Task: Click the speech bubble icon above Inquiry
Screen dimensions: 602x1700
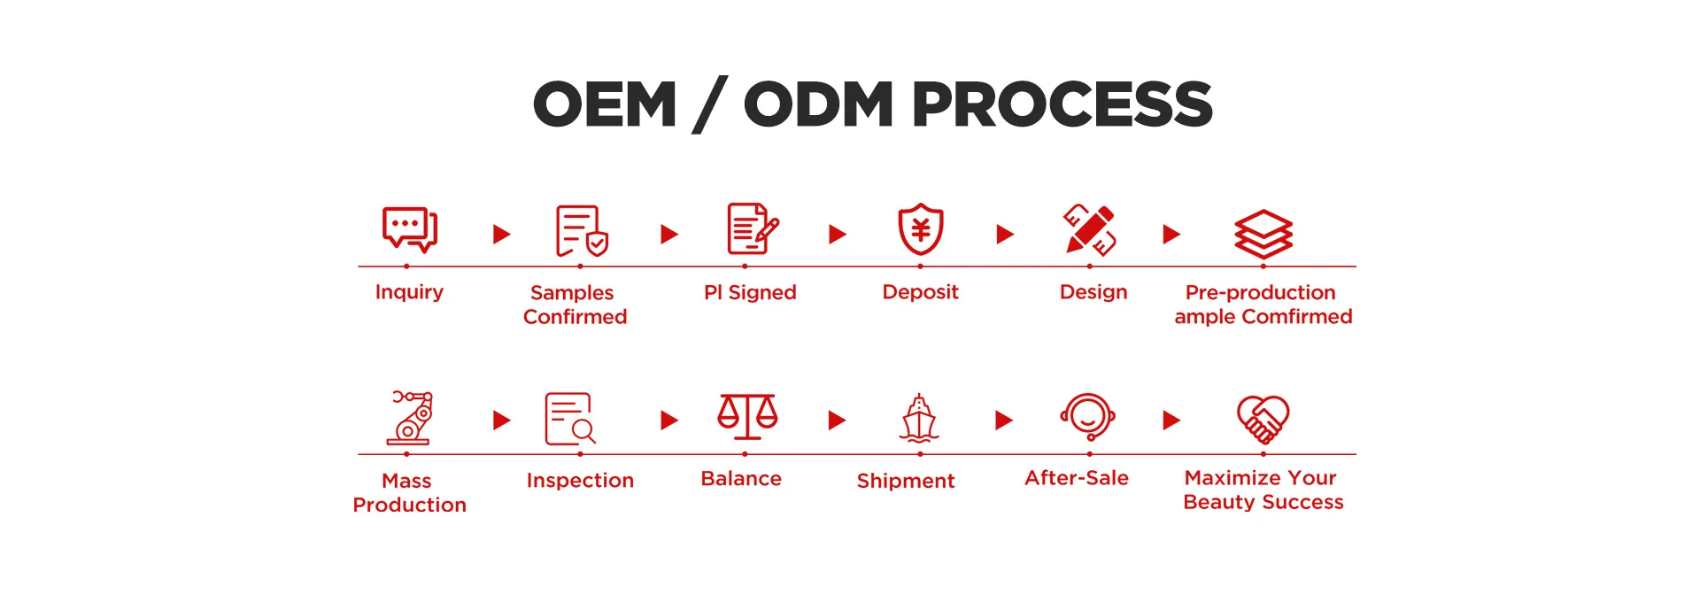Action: (x=409, y=229)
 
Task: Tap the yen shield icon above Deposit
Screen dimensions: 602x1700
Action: (x=920, y=229)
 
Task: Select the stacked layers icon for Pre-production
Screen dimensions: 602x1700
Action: (x=1263, y=234)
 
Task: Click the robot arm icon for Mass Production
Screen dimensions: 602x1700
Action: (x=411, y=417)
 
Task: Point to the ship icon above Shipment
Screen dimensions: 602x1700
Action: (x=919, y=418)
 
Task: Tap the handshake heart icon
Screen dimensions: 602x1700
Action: (x=1263, y=418)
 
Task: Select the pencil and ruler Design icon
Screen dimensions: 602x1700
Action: (x=1090, y=230)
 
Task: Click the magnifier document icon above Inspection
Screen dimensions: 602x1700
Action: (x=570, y=419)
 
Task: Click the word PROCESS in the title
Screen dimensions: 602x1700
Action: (x=1062, y=104)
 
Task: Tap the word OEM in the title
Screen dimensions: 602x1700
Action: (x=605, y=104)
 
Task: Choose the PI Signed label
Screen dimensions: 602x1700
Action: (x=750, y=292)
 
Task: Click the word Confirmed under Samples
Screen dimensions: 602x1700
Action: (x=575, y=317)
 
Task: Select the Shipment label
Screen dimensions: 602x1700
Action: (x=905, y=481)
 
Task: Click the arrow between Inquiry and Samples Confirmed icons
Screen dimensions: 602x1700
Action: (x=501, y=234)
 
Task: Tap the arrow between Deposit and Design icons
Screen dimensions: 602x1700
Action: (x=1004, y=234)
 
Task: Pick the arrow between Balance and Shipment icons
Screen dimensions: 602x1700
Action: (x=837, y=420)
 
